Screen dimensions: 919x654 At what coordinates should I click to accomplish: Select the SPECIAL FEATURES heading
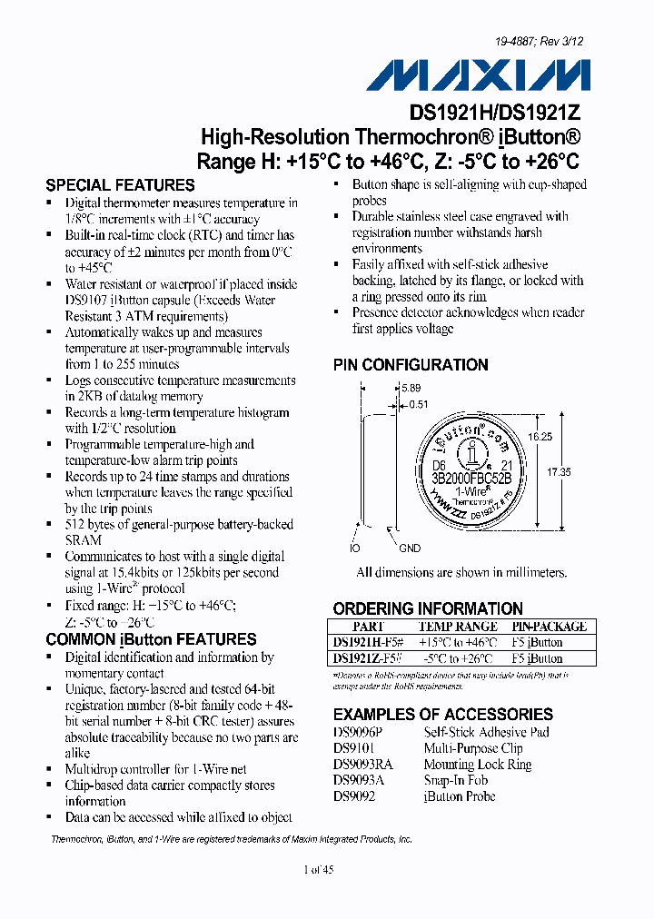tap(120, 185)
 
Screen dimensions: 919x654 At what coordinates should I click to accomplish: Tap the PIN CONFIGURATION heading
tap(411, 365)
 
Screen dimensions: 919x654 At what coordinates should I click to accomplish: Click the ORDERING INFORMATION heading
tap(428, 608)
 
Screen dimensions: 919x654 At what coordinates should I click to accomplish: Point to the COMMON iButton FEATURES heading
tap(151, 639)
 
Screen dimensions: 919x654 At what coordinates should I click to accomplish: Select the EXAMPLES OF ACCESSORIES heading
tap(443, 715)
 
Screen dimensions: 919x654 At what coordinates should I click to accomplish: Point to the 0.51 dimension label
tap(417, 405)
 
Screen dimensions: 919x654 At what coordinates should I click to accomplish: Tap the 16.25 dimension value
tap(540, 437)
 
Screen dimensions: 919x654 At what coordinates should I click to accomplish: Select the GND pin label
tap(410, 548)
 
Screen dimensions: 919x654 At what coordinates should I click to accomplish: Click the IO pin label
tap(355, 548)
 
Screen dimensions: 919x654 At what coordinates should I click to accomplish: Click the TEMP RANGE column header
tap(458, 627)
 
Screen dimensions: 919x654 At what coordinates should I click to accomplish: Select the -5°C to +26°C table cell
tap(458, 658)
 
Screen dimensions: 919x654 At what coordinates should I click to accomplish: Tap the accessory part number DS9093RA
tap(363, 765)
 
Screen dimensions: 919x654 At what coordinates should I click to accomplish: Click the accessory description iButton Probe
tap(460, 796)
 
